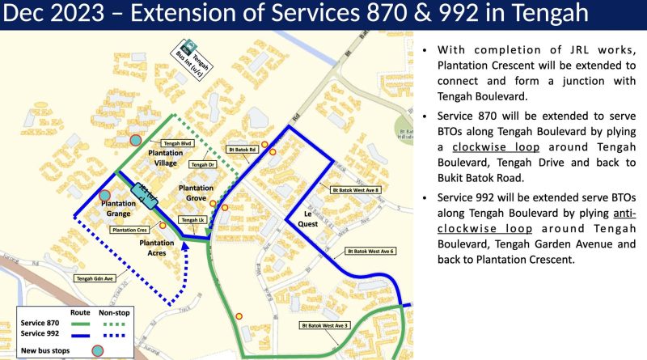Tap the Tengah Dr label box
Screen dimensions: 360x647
[x=203, y=164]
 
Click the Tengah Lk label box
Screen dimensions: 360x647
[x=192, y=220]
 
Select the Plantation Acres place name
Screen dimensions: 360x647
[x=156, y=248]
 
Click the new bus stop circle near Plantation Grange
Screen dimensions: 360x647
[x=104, y=196]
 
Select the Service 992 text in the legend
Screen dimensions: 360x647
[x=40, y=333]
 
